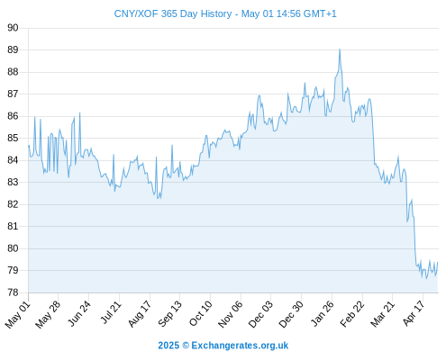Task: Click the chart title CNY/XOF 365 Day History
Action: [173, 13]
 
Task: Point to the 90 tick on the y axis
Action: [13, 28]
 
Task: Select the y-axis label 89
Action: [13, 49]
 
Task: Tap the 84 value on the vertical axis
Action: [13, 160]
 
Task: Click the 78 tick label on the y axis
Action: [13, 292]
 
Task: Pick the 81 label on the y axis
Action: [13, 226]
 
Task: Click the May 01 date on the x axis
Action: [18, 314]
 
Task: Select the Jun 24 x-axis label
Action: [79, 314]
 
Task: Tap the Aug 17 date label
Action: [140, 314]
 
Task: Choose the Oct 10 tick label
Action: [200, 314]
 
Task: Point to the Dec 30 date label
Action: [291, 314]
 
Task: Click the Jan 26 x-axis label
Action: [322, 314]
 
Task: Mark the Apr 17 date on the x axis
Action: [414, 313]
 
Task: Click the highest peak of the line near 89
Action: [340, 49]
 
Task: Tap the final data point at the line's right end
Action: [438, 263]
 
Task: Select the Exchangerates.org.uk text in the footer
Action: [240, 346]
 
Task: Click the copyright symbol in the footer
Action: [186, 346]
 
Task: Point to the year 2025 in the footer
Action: [168, 346]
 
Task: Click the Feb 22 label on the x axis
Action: [352, 314]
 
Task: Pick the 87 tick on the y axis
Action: [13, 94]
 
